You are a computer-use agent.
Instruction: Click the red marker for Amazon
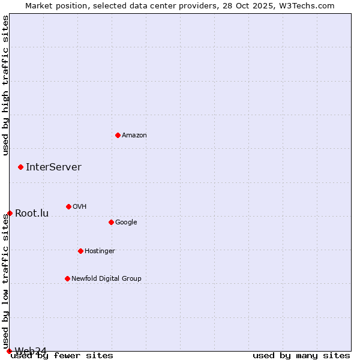(x=118, y=135)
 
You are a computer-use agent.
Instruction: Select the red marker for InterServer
(x=20, y=167)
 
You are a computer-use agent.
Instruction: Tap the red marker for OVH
(x=68, y=206)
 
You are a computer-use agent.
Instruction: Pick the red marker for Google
(x=111, y=222)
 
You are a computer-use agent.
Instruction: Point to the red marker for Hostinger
(x=80, y=251)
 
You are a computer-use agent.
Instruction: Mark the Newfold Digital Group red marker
(x=67, y=278)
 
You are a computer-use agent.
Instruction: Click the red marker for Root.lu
(x=10, y=213)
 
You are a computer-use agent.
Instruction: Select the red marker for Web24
(x=9, y=351)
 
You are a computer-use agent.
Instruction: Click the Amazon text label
(x=134, y=136)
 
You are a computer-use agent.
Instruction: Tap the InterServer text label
(x=53, y=167)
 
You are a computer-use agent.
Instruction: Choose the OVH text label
(x=80, y=207)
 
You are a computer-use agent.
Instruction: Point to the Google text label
(x=126, y=223)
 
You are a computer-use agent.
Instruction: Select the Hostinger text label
(x=100, y=251)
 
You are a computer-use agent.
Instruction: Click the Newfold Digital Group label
(x=106, y=279)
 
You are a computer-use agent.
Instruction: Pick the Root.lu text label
(x=32, y=213)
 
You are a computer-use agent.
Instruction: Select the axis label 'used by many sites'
(x=301, y=356)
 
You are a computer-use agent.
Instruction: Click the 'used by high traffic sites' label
(x=6, y=85)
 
